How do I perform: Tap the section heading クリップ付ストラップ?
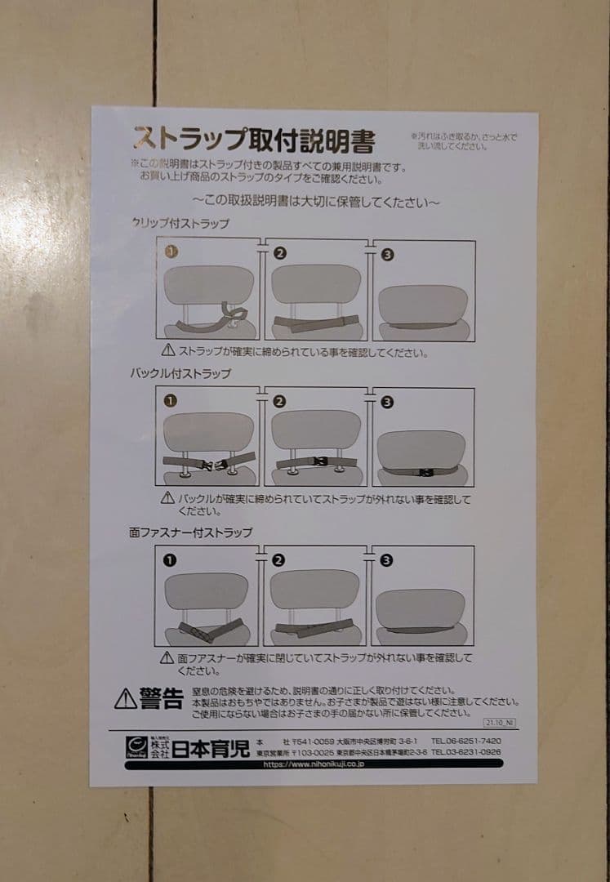(x=180, y=223)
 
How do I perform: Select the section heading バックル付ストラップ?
(x=180, y=373)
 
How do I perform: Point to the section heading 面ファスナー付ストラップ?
(x=190, y=532)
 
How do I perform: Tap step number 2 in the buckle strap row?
(x=280, y=401)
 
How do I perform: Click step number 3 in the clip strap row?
(x=388, y=254)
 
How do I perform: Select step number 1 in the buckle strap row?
(x=170, y=402)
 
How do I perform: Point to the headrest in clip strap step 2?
(x=316, y=283)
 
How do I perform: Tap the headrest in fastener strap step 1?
(x=206, y=590)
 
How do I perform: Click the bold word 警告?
(x=161, y=698)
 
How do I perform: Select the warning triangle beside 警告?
(x=125, y=699)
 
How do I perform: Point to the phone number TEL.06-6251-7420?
(x=466, y=740)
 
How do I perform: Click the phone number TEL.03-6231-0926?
(x=466, y=751)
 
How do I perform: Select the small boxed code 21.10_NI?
(x=500, y=723)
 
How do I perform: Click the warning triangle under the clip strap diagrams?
(x=167, y=350)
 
